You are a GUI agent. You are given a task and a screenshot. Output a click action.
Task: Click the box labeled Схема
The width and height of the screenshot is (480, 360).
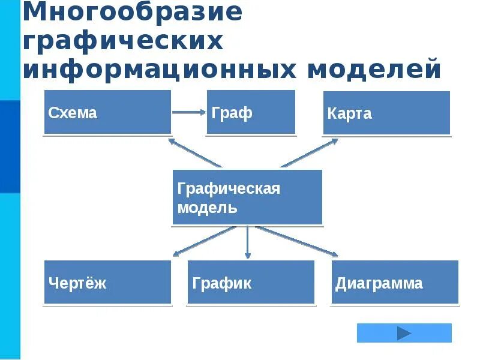tap(107, 112)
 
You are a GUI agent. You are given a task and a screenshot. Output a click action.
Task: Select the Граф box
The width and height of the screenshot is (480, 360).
tap(251, 112)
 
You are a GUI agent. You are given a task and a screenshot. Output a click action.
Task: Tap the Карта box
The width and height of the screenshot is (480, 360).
tap(386, 113)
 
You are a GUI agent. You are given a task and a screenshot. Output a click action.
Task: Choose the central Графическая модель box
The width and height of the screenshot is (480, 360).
tap(247, 197)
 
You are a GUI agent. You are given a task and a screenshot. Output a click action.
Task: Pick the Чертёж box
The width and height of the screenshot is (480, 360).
tap(107, 282)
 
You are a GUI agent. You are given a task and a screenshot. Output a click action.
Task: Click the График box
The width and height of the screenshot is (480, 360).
tap(251, 282)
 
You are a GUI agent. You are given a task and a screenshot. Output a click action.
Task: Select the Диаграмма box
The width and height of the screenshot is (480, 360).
tap(395, 282)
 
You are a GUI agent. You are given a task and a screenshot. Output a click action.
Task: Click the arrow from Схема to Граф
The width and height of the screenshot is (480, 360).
tap(189, 112)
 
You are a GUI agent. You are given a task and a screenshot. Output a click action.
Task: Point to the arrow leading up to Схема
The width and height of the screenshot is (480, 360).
tap(195, 153)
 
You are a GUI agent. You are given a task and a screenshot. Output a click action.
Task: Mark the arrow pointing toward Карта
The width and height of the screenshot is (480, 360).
tap(309, 153)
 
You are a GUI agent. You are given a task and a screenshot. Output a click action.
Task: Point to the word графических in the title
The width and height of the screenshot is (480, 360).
tap(123, 41)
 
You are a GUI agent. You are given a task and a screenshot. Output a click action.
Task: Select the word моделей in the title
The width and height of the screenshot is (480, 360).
tap(374, 68)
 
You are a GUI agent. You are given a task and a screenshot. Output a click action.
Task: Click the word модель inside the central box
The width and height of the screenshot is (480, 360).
tap(208, 208)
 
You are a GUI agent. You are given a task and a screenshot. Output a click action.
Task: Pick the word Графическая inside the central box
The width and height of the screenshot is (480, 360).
tap(229, 188)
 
